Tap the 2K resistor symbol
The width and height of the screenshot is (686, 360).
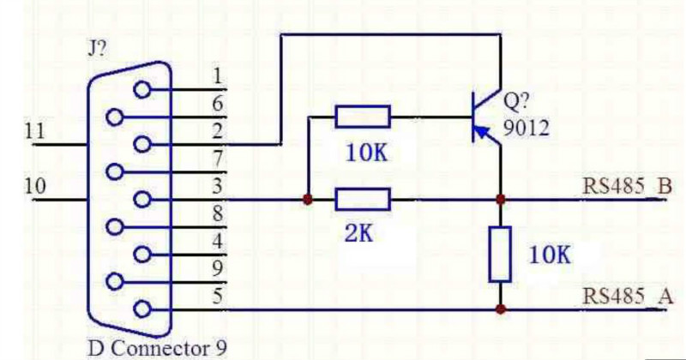coord(363,201)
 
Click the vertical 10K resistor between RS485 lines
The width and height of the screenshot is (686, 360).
coord(500,255)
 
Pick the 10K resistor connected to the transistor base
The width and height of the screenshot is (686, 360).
coord(363,117)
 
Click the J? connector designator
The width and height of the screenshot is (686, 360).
coord(97,49)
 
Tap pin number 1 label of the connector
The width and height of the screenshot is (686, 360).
coord(218,75)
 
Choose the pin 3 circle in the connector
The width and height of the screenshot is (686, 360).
coord(142,201)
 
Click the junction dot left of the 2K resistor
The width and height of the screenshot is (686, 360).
coord(307,201)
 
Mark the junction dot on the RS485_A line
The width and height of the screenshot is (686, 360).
coord(500,309)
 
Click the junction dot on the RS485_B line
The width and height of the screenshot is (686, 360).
coord(500,201)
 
